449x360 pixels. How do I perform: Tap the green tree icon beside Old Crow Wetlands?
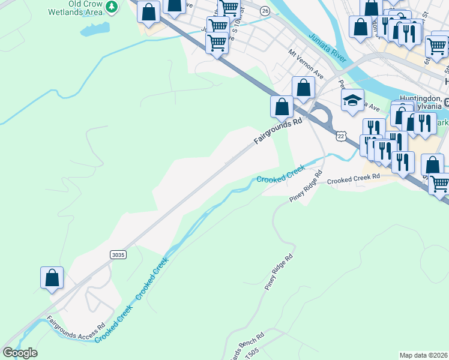point(111,7)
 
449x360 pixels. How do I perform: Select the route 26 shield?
point(265,10)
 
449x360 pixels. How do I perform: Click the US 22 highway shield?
point(341,136)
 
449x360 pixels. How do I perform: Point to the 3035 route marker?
point(118,254)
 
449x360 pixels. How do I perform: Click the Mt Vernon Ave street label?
point(306,64)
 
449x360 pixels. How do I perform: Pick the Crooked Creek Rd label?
point(354,178)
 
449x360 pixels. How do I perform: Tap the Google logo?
point(20,353)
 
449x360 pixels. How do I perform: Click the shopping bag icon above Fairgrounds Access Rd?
point(52,278)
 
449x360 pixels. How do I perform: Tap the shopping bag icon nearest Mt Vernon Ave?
point(304,87)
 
